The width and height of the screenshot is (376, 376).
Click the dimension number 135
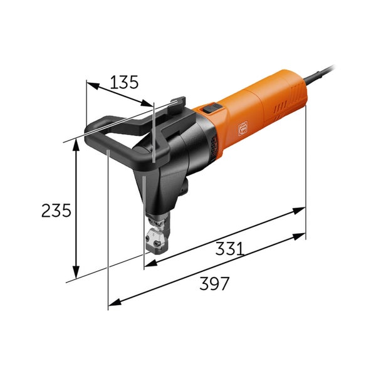124,82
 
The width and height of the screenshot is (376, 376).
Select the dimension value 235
56,211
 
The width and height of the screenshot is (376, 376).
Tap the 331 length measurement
230,248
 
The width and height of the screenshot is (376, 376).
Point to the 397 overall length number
214,283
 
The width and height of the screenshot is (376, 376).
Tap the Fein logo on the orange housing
243,130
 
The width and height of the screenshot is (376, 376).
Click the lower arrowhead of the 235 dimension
76,273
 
